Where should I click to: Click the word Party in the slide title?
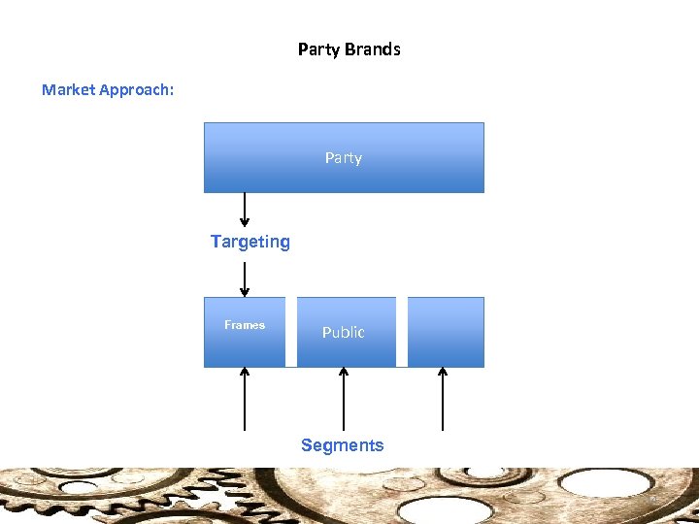pos(318,49)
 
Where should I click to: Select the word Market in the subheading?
pos(70,89)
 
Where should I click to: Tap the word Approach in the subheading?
pos(137,89)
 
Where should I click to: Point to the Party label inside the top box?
pos(344,157)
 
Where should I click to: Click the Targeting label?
pos(250,242)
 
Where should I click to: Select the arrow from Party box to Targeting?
pos(245,210)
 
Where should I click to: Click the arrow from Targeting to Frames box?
pos(245,278)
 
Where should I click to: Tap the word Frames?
pos(245,325)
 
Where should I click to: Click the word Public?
pos(344,332)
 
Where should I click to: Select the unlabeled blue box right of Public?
pos(446,332)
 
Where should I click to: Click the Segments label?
pos(343,445)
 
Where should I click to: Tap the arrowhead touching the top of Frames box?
pos(245,291)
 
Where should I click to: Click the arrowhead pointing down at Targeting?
pos(245,222)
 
